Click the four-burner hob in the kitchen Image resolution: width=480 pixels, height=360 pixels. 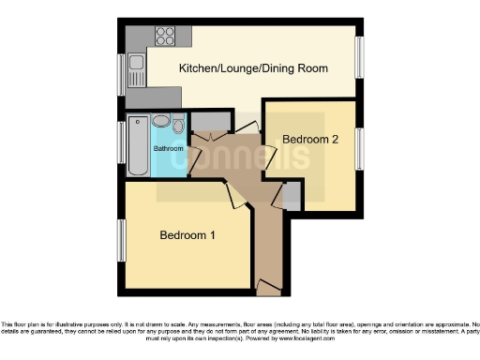pos(165,37)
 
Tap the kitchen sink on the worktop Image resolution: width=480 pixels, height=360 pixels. pos(137,65)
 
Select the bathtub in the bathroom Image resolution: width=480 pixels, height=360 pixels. pos(138,145)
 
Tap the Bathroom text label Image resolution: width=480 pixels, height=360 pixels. pos(168,148)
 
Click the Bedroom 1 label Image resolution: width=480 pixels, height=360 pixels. pos(187,234)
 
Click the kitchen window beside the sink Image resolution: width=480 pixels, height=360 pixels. pos(120,67)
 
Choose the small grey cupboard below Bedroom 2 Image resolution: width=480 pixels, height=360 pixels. pos(292,196)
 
